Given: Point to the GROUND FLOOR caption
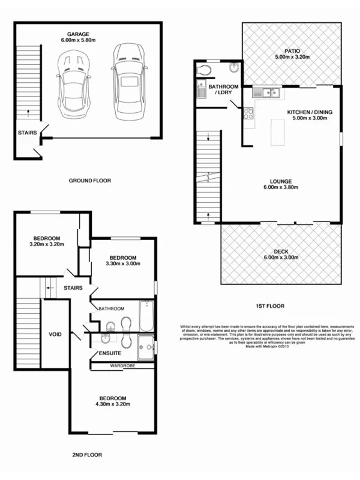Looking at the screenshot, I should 89,180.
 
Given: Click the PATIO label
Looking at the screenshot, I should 292,51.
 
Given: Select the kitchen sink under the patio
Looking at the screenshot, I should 264,92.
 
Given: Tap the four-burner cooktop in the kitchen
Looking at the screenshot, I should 247,112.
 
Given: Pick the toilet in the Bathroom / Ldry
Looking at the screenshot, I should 205,71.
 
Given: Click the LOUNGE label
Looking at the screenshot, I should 280,181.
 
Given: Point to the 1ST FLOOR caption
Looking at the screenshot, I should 269,305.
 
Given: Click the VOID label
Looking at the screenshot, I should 55,334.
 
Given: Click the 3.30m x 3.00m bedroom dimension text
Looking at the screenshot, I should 122,263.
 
